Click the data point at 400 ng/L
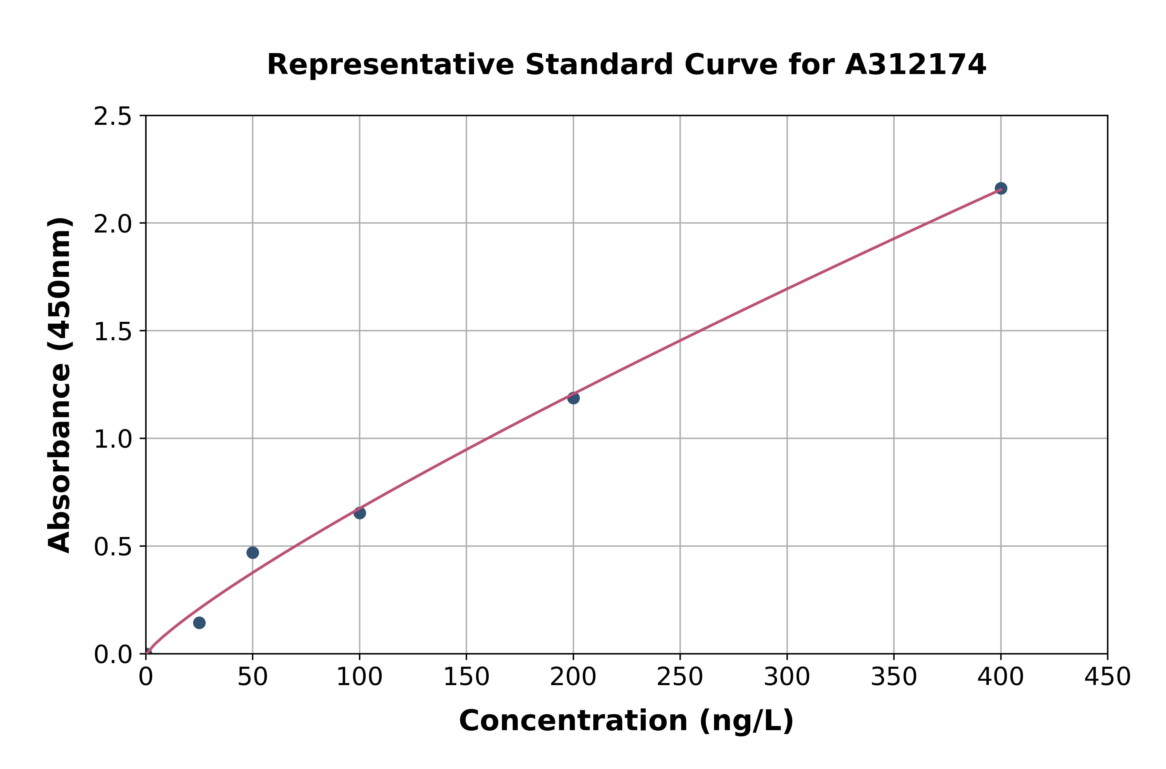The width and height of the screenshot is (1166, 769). tap(1001, 188)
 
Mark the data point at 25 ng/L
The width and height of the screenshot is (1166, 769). tap(199, 623)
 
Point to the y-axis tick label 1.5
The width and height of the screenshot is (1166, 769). tap(113, 331)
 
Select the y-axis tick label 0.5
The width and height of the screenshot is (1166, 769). tap(113, 547)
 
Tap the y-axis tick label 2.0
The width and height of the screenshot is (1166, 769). tap(113, 224)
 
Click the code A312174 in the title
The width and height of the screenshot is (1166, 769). tap(915, 65)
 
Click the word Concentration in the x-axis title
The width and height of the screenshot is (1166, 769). tap(573, 721)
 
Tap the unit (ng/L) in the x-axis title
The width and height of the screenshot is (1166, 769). tap(746, 721)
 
